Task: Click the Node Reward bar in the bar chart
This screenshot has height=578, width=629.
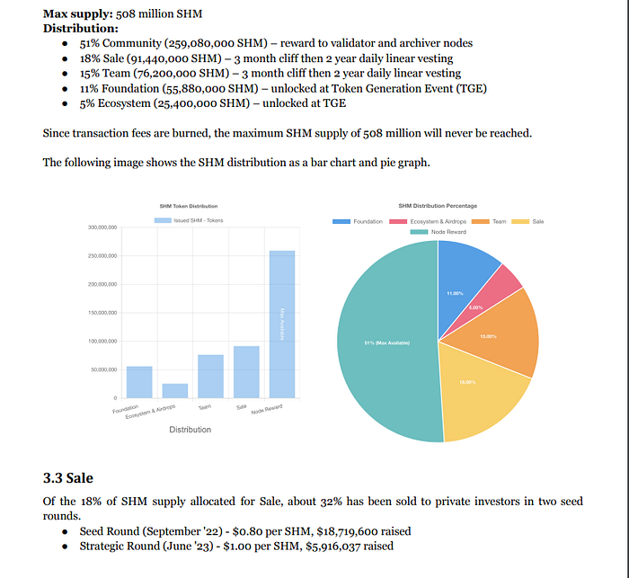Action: (x=282, y=324)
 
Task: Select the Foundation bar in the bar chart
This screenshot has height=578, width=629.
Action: (x=139, y=382)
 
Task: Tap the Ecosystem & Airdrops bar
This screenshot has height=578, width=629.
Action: (x=175, y=390)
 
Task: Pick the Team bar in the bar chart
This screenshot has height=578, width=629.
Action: (x=210, y=376)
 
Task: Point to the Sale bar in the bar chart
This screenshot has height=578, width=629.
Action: (x=246, y=371)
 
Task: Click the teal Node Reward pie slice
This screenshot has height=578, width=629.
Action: (x=386, y=342)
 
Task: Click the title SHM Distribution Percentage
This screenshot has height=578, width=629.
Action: (x=438, y=207)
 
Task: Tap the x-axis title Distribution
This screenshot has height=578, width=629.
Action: (x=190, y=430)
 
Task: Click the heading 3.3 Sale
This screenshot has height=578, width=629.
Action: (x=68, y=477)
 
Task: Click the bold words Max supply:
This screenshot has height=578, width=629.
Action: (x=77, y=14)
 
